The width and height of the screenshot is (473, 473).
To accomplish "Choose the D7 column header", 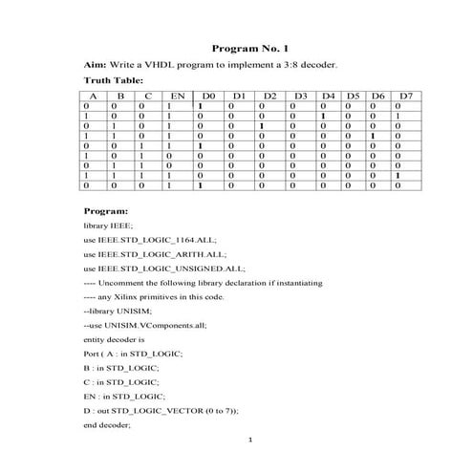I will click(x=405, y=97).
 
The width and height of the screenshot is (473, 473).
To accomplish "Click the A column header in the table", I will click(x=94, y=97).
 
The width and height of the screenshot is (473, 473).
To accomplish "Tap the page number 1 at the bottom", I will click(x=248, y=441).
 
